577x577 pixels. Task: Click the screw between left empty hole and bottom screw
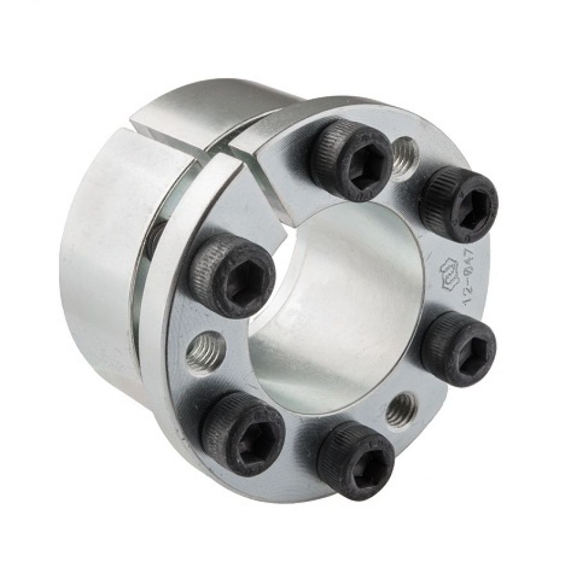tap(242, 433)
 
